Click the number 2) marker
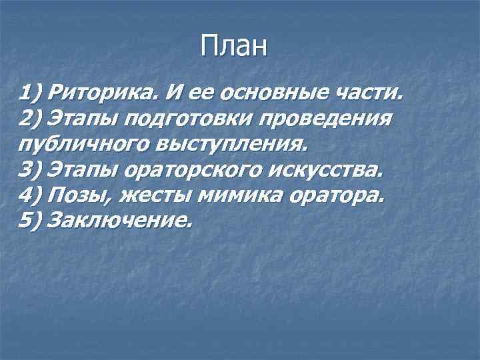coord(32,118)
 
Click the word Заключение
coord(121,221)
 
